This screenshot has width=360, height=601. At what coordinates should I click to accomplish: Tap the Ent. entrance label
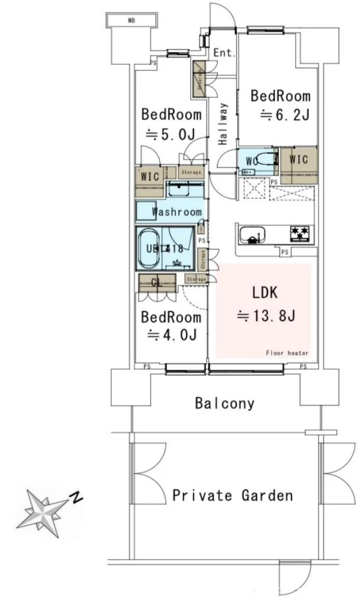224,53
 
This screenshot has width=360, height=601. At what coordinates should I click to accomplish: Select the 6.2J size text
285,115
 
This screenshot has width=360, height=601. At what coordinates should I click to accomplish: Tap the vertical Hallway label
223,124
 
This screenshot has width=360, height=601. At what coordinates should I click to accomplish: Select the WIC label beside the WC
299,160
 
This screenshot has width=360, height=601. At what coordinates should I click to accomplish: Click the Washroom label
176,212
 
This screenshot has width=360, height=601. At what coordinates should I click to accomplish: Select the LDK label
264,294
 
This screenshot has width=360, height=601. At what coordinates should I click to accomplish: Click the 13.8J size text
266,316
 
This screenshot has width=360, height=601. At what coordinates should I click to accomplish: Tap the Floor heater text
287,353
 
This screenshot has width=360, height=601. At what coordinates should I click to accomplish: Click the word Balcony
224,403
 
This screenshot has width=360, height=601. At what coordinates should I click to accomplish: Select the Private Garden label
233,496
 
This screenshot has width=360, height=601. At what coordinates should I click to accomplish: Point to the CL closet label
155,282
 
